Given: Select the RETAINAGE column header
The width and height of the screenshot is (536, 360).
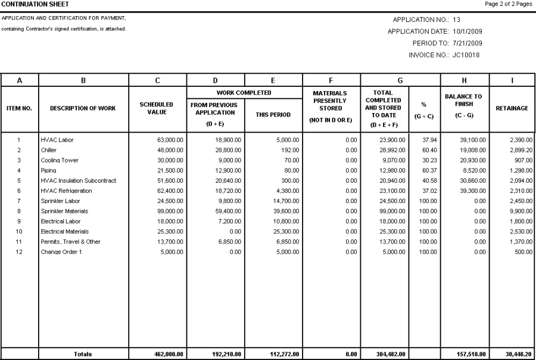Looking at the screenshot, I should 512,108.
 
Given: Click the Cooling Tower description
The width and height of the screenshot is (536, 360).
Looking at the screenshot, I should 59,161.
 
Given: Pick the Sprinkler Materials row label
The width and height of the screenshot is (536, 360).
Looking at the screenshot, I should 64,211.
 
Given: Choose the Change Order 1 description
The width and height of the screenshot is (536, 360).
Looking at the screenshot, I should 63,251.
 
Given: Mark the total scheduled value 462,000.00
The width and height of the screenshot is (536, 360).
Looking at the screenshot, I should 167,354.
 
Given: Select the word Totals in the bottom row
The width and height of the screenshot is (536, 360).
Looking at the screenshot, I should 83,354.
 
